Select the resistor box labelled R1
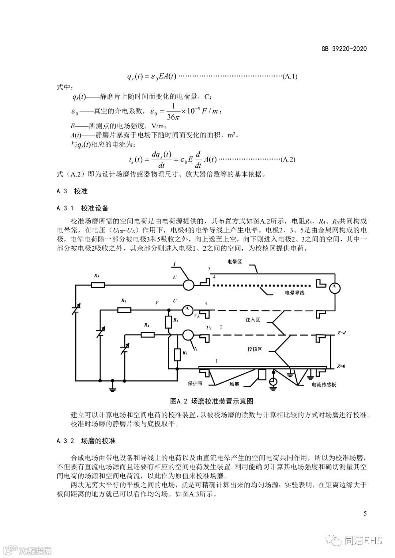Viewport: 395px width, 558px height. [124, 310]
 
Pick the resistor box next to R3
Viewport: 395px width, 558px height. [177, 354]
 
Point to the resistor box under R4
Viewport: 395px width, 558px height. [147, 334]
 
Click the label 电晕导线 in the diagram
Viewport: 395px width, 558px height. [295, 293]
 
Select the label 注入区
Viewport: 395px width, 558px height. [252, 319]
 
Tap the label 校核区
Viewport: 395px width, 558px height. [255, 349]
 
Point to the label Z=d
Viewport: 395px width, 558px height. [342, 333]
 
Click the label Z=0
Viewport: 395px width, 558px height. [342, 366]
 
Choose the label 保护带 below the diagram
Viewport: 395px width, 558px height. [195, 384]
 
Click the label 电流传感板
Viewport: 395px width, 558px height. [324, 385]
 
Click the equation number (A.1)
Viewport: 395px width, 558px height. [290, 76]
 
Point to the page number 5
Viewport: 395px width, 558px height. [365, 513]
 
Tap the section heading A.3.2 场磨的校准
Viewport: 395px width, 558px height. [86, 441]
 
